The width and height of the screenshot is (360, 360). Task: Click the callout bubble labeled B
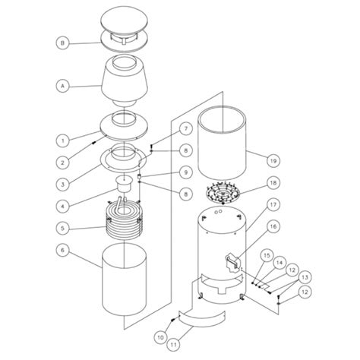pyautogui.click(x=62, y=43)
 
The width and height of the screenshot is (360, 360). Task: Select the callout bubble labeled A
pyautogui.click(x=62, y=87)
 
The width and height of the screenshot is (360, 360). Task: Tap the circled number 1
pyautogui.click(x=62, y=140)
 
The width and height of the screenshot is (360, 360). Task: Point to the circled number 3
pyautogui.click(x=62, y=184)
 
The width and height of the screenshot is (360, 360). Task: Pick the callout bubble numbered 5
pyautogui.click(x=62, y=226)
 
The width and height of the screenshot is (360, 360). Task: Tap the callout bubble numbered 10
pyautogui.click(x=160, y=336)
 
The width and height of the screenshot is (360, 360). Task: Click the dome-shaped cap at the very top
pyautogui.click(x=125, y=24)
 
